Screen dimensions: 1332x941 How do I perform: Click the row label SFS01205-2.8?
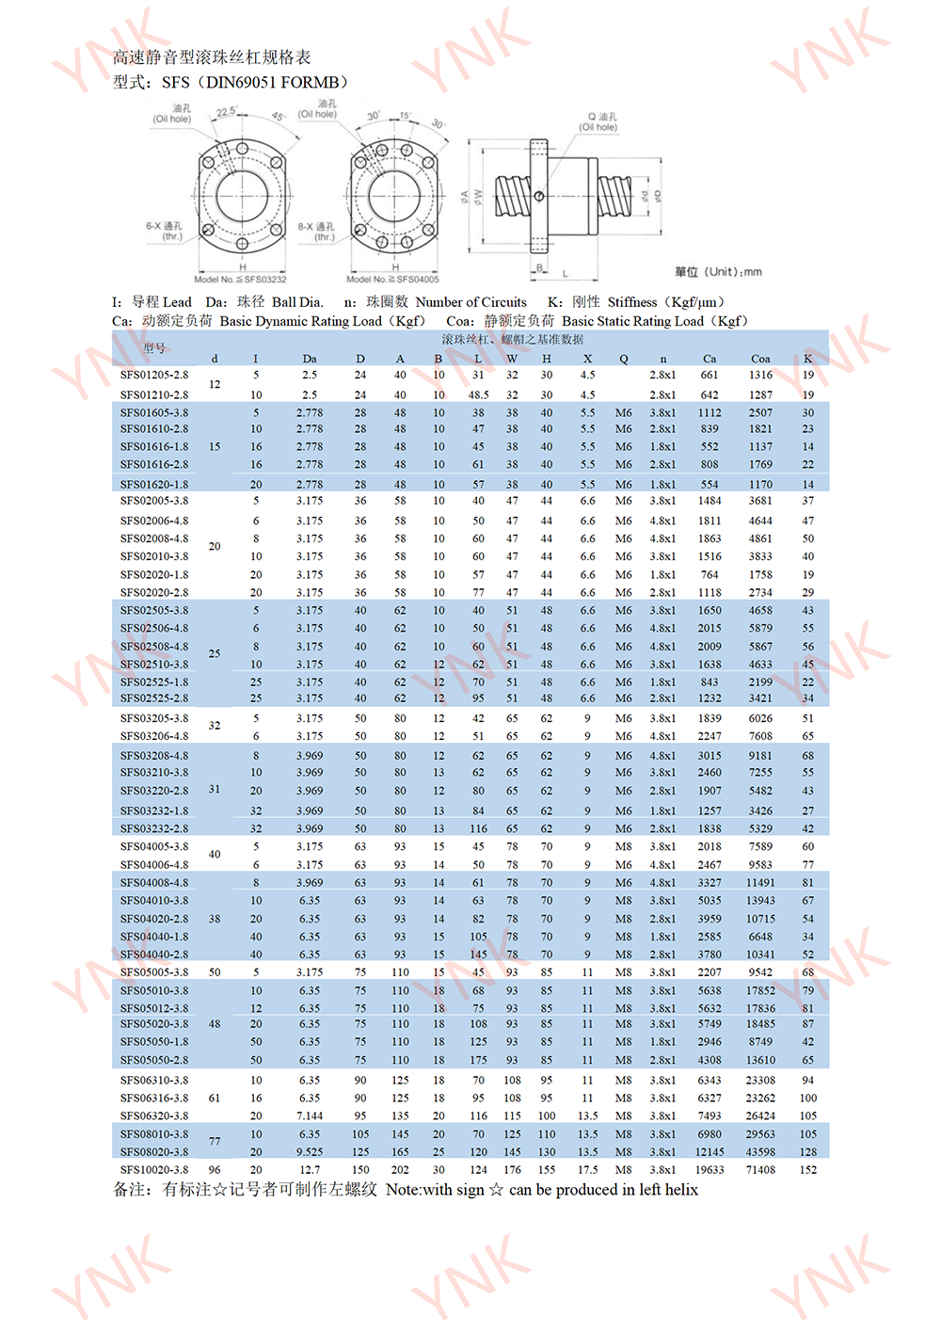pos(154,375)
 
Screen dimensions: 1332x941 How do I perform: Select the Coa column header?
pos(760,359)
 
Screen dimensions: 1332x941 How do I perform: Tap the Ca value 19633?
pos(710,1170)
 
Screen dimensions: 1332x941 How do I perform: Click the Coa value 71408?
pos(760,1170)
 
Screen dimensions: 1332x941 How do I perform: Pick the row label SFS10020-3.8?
pos(154,1170)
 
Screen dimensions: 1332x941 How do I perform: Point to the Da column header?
pos(310,359)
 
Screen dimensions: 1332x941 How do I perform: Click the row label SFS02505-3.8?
pos(154,610)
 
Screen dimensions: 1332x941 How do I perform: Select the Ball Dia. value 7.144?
pos(310,1115)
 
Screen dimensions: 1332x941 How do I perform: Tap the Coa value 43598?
pos(760,1152)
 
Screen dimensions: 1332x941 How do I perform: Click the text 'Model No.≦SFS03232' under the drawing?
pos(240,280)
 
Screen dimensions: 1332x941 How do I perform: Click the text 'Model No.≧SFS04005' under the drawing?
pos(392,280)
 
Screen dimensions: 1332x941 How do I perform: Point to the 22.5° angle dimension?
pos(227,112)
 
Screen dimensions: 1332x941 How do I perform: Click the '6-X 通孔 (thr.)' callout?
pos(164,231)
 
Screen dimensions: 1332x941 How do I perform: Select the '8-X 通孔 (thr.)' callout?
pos(316,232)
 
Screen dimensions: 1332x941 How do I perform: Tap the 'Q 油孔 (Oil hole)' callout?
pos(598,122)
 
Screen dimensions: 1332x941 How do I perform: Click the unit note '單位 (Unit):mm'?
pos(718,272)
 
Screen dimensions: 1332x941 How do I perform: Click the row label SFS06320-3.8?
pos(154,1115)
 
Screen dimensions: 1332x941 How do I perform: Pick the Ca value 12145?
pos(710,1152)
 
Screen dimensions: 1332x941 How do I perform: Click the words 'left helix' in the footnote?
pos(668,1190)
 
